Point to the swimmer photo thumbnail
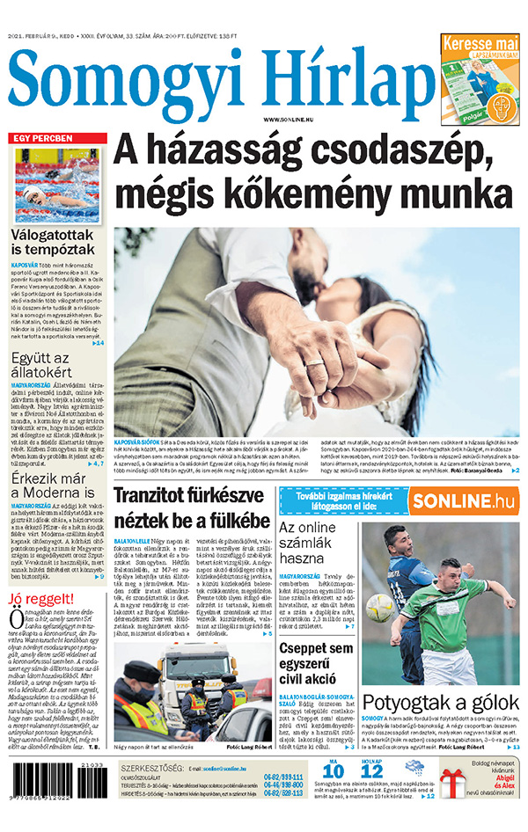[x=56, y=186]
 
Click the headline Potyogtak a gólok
[x=441, y=703]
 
